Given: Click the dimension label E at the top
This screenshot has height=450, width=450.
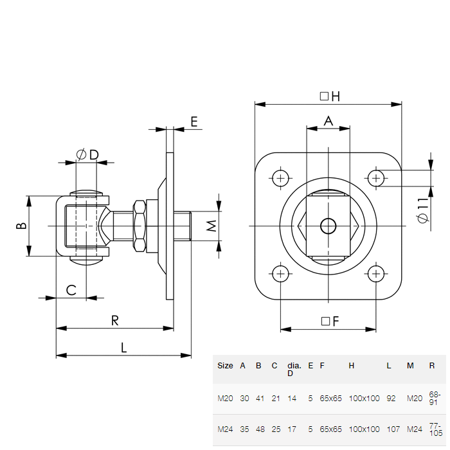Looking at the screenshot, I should (194, 120).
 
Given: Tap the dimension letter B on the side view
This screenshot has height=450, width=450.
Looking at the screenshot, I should (21, 226).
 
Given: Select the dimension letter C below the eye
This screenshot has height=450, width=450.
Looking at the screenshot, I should (72, 290).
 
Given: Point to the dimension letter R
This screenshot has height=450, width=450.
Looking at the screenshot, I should (115, 321).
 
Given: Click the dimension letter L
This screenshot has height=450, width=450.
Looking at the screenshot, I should (124, 348).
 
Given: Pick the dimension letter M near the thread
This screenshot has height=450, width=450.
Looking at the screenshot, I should (210, 226).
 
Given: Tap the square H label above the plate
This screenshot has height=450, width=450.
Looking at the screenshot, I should (329, 96).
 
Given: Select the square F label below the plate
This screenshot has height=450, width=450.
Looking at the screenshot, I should (329, 321).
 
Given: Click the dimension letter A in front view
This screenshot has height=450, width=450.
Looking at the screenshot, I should (328, 120).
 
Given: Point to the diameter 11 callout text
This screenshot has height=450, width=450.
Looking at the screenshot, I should (422, 210).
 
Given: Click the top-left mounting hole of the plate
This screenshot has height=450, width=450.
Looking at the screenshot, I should (280, 177).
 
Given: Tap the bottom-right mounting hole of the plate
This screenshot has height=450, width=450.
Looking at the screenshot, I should (376, 274).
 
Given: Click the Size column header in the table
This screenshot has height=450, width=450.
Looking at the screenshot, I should (225, 365).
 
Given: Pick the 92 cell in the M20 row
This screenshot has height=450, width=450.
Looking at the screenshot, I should (391, 399).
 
